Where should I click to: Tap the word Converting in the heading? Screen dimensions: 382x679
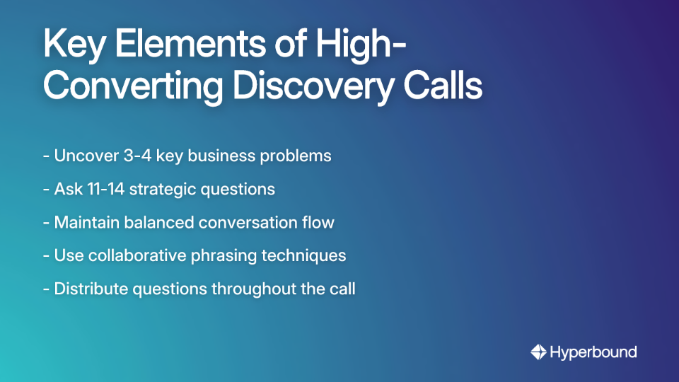(134, 86)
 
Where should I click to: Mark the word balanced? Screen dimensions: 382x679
(160, 222)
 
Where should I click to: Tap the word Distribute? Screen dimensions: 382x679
(88, 289)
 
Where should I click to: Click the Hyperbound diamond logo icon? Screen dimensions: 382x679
(538, 352)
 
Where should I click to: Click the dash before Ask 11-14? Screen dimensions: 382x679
(46, 189)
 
